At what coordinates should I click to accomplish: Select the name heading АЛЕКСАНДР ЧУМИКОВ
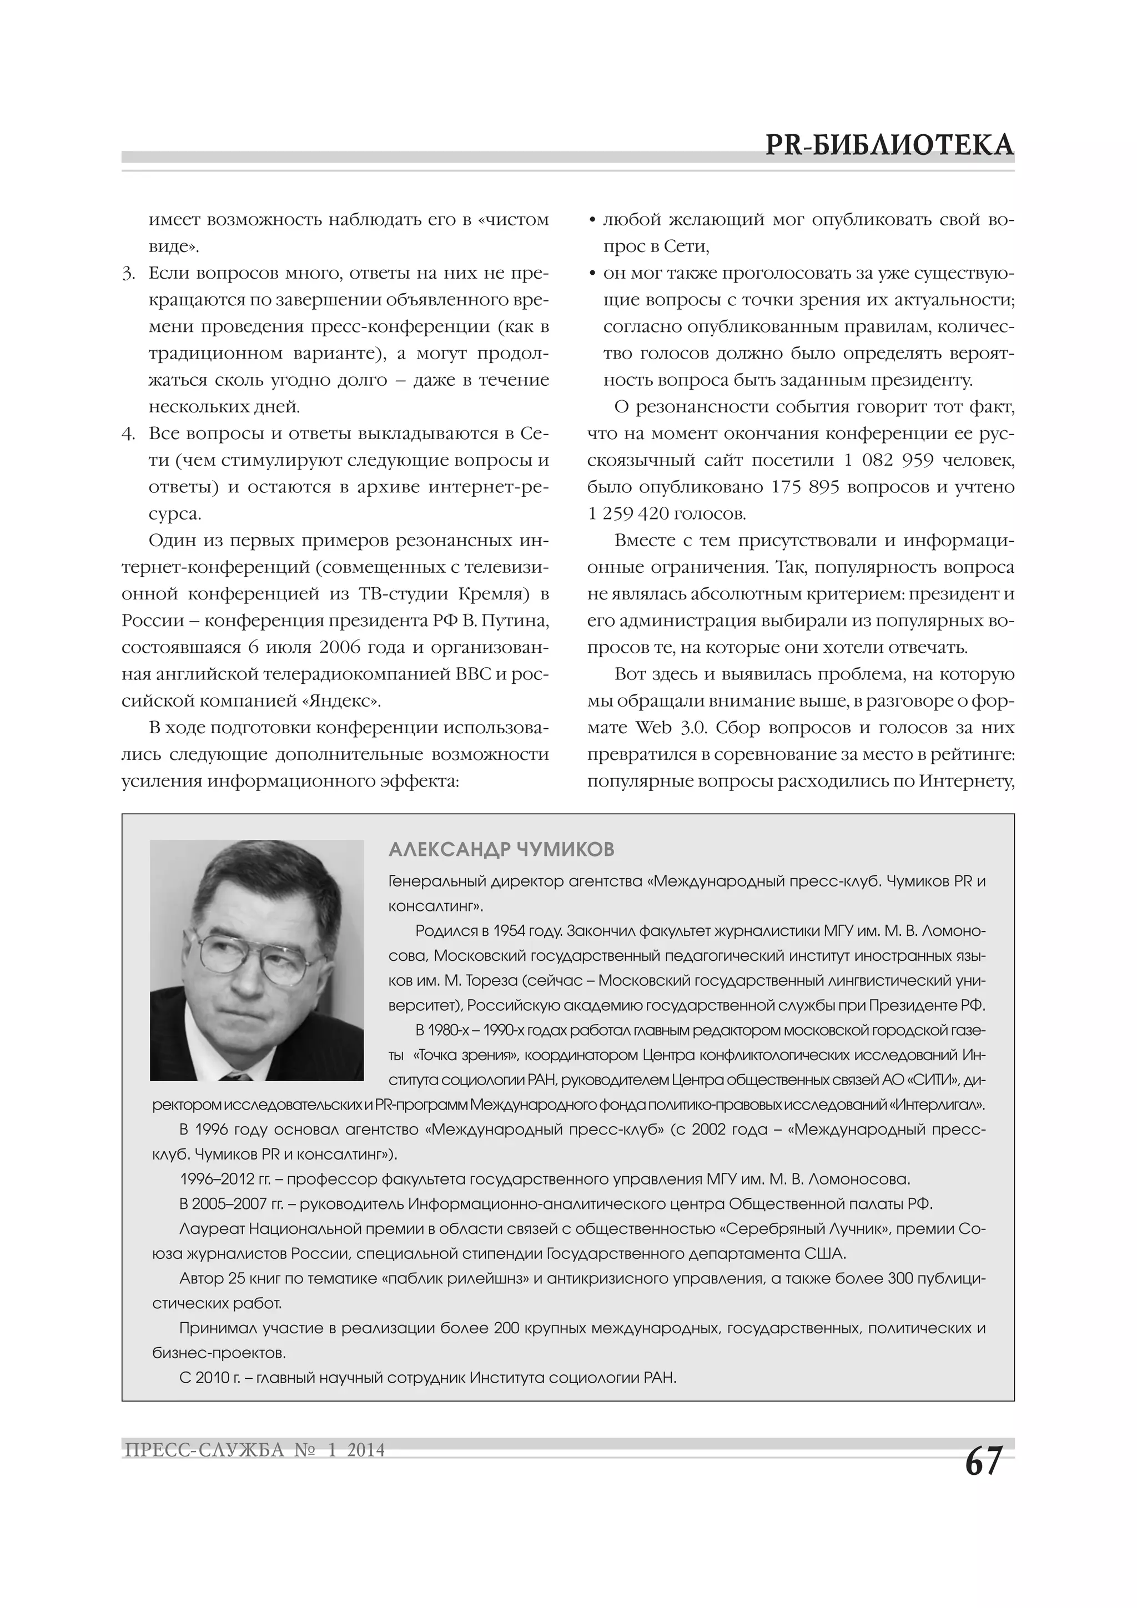point(501,850)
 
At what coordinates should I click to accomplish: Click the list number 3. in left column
point(129,273)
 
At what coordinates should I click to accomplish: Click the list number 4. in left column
point(129,433)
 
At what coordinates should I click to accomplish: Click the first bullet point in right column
point(593,220)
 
